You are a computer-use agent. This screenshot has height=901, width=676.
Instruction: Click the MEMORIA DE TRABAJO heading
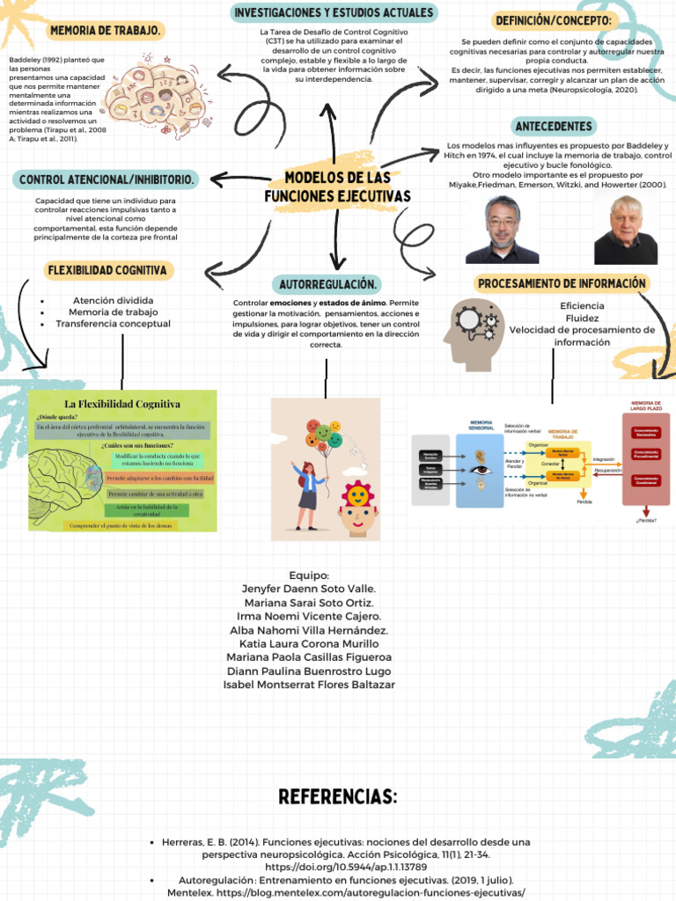click(106, 31)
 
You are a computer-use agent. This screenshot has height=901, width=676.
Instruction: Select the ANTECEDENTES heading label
click(554, 127)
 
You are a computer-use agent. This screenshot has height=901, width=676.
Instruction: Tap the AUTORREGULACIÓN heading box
click(329, 285)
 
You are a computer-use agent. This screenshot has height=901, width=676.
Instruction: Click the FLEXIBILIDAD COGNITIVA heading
click(109, 270)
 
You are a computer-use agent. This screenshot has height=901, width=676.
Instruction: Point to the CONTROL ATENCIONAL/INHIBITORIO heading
click(107, 179)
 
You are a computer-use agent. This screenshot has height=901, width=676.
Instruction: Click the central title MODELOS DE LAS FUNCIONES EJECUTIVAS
click(338, 187)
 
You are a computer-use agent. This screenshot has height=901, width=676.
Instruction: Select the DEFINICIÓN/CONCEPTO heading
click(553, 21)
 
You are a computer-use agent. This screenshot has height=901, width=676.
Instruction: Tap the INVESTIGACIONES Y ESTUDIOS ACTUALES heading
click(334, 13)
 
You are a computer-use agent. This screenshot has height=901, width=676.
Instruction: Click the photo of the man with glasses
click(502, 230)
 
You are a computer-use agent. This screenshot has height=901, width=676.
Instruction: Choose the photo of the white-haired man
click(625, 231)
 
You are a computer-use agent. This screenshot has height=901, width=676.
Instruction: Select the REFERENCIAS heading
click(338, 797)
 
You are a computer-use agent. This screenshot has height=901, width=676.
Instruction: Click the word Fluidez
click(582, 318)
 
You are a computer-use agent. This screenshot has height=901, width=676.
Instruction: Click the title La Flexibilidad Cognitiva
click(122, 404)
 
